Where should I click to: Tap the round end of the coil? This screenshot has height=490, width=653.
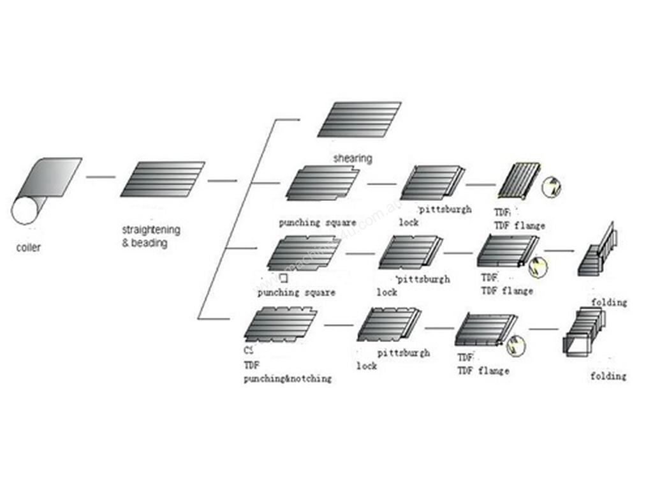coord(26,211)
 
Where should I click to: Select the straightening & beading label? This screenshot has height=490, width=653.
coord(150,236)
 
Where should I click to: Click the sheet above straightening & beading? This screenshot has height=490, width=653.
coord(163,179)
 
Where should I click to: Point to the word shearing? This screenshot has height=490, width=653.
coord(353,158)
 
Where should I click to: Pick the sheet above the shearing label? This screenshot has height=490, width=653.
coord(360,119)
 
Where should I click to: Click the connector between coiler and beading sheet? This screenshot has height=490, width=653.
coord(101,177)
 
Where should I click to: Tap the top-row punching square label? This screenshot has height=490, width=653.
coord(318,223)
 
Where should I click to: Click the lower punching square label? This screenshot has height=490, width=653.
coord(296,293)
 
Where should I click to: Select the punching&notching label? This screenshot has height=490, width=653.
coord(288,378)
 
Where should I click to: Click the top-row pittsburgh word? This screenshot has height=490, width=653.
coord(445,209)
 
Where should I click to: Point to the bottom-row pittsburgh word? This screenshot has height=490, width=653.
coord(403,352)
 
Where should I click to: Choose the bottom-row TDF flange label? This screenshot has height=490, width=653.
coord(483,371)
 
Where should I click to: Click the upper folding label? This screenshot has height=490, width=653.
coord(608,302)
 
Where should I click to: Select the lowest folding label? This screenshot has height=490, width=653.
coord(608,376)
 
